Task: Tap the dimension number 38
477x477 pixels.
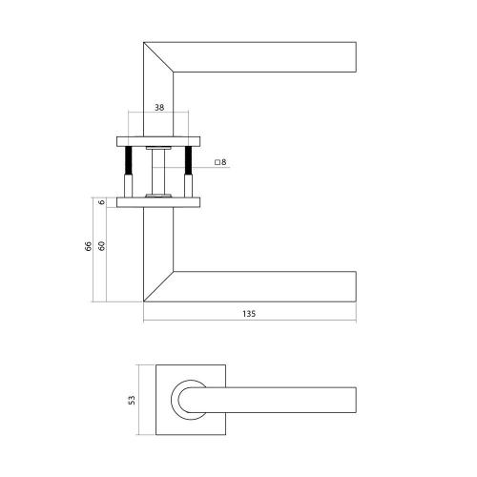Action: tap(159, 109)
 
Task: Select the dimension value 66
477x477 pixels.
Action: tap(88, 247)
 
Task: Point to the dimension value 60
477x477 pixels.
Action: tap(102, 247)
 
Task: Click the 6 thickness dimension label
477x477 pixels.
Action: tap(102, 201)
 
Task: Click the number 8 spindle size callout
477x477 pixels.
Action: tap(223, 163)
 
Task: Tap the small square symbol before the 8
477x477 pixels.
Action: tap(217, 163)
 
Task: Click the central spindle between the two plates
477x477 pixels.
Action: tap(159, 170)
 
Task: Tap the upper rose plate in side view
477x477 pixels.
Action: tap(159, 140)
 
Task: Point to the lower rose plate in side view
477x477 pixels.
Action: tap(159, 201)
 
